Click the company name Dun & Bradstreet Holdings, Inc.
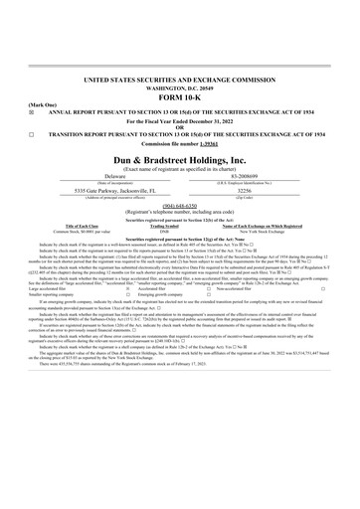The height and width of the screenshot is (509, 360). (180, 158)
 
